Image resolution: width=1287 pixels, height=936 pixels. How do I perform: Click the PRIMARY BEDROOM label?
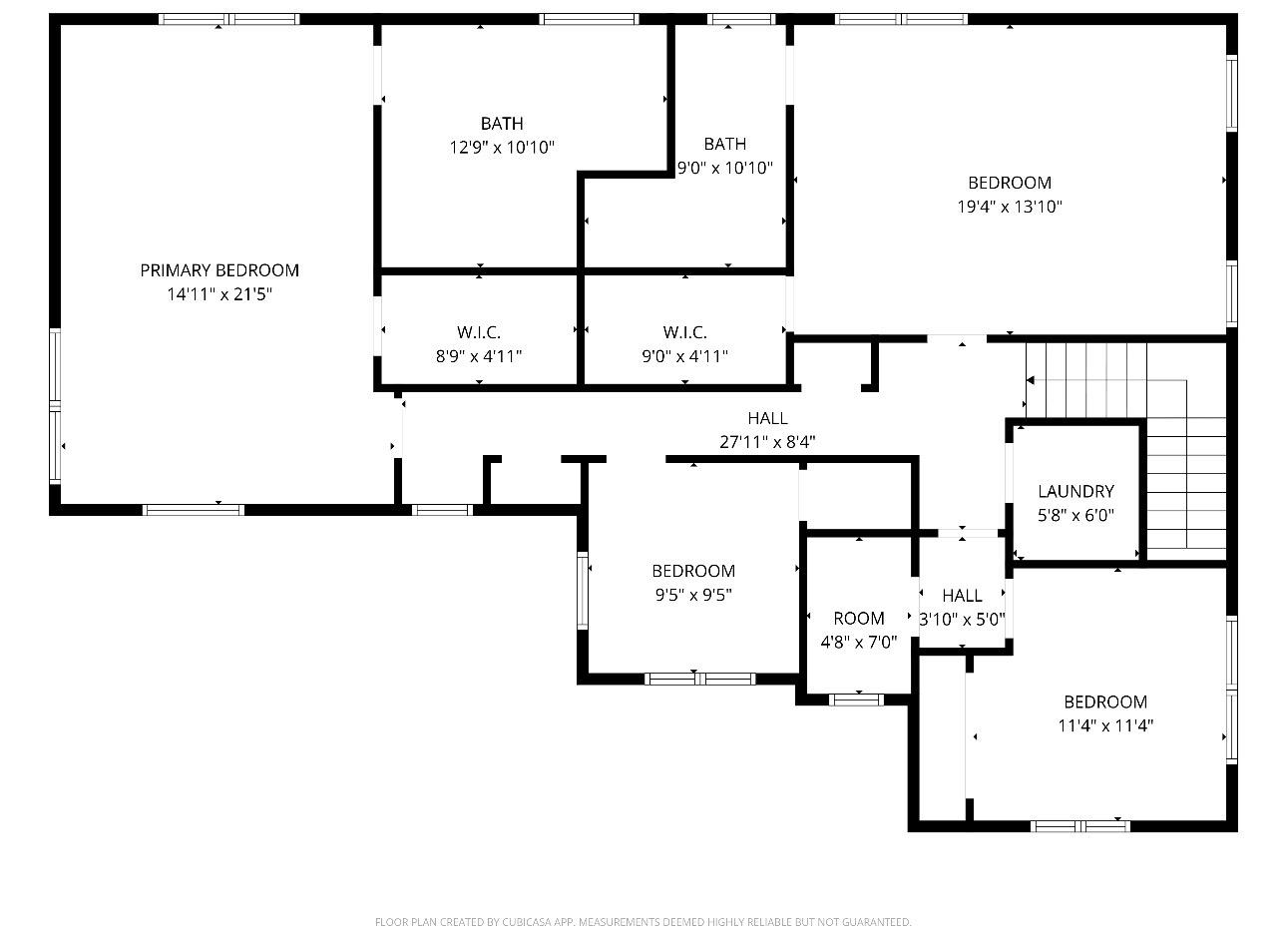click(219, 270)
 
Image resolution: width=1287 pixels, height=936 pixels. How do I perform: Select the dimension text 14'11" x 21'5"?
click(219, 294)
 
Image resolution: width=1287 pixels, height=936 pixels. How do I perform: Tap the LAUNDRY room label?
click(1075, 491)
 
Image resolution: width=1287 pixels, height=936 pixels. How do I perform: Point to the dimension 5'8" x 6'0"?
click(1075, 516)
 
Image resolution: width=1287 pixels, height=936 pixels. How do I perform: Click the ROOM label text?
click(859, 619)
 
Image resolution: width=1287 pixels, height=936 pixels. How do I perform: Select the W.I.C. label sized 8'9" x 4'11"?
click(479, 332)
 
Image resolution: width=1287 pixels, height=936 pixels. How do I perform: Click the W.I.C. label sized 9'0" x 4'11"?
click(684, 332)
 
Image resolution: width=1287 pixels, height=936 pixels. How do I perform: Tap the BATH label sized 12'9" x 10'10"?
click(502, 124)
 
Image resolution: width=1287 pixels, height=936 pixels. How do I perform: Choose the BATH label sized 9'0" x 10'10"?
click(724, 144)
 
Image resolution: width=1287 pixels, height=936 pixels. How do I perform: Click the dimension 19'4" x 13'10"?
click(1010, 208)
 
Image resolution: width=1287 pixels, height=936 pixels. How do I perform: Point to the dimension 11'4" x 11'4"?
click(1105, 726)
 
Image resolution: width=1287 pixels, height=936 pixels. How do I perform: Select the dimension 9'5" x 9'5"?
click(693, 596)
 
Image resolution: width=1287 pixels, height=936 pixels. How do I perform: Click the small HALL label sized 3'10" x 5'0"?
click(962, 596)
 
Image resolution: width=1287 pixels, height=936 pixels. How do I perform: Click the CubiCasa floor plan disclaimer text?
click(643, 922)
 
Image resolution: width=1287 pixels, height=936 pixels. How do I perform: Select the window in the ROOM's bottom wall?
click(857, 699)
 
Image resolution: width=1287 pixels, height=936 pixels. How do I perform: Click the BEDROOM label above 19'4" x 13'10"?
click(1010, 183)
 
